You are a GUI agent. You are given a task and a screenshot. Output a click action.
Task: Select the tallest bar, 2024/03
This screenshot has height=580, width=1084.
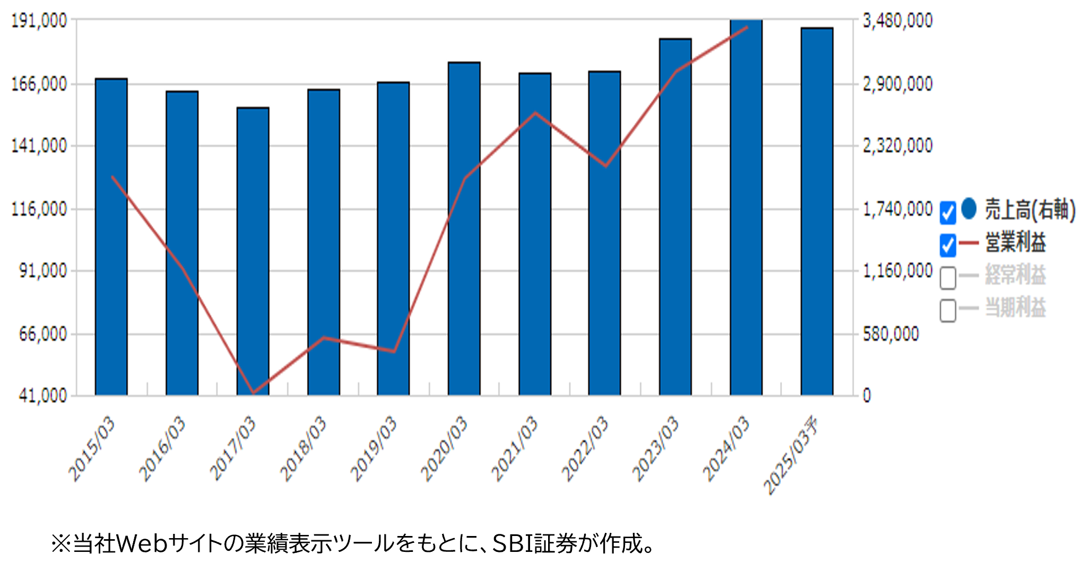pyautogui.click(x=746, y=207)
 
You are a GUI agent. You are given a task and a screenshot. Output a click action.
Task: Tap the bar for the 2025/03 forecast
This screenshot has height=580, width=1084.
pyautogui.click(x=817, y=212)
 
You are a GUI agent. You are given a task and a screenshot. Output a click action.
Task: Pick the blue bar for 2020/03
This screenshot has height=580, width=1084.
pyautogui.click(x=464, y=228)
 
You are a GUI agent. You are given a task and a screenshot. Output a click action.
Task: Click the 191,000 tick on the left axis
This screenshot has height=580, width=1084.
pyautogui.click(x=40, y=21)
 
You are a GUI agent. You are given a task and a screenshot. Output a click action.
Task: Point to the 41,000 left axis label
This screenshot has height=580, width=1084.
pyautogui.click(x=43, y=396)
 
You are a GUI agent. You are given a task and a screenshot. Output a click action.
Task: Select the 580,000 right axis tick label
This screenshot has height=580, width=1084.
pyautogui.click(x=891, y=334)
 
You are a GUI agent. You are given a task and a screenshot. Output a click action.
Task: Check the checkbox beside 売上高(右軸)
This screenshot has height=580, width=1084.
pyautogui.click(x=948, y=213)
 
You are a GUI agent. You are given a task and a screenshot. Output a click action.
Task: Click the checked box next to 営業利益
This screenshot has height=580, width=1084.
pyautogui.click(x=948, y=245)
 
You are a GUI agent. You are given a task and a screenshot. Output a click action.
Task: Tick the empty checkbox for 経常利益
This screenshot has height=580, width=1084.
pyautogui.click(x=948, y=278)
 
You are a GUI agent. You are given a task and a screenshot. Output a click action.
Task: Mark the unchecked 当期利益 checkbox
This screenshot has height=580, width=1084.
pyautogui.click(x=948, y=310)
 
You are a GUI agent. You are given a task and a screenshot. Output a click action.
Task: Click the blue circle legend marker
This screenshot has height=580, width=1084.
pyautogui.click(x=969, y=208)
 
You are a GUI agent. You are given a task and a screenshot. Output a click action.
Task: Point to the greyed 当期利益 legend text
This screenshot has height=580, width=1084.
pyautogui.click(x=1016, y=307)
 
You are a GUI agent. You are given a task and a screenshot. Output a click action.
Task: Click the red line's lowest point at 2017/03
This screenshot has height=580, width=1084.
pyautogui.click(x=253, y=393)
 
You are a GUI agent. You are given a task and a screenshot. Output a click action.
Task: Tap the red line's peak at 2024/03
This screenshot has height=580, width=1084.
pyautogui.click(x=747, y=27)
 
